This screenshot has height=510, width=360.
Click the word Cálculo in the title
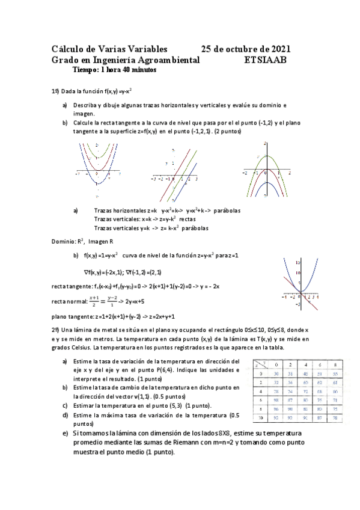point(67,49)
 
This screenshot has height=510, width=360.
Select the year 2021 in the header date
point(279,49)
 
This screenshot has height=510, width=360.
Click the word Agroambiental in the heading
point(174,60)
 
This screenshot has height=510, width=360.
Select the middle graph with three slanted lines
point(175,172)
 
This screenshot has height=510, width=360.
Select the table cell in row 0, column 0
point(275,373)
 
